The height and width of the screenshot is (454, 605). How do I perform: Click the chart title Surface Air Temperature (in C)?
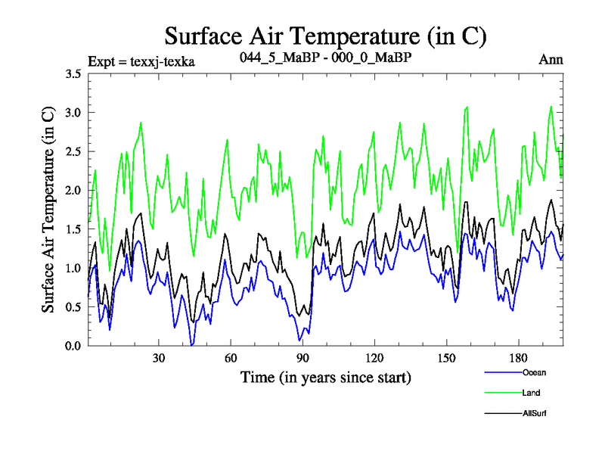(x=324, y=36)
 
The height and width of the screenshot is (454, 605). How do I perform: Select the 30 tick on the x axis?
(x=159, y=358)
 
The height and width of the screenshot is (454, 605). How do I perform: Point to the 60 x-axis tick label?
(x=231, y=358)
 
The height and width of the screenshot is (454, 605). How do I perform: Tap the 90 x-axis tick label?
(x=302, y=358)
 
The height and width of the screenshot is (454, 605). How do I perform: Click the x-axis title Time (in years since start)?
(x=325, y=377)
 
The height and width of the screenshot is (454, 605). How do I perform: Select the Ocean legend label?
(x=534, y=372)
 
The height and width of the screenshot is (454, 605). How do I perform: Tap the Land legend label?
(x=531, y=393)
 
